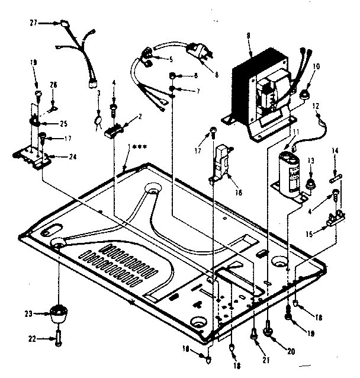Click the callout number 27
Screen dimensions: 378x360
point(33,23)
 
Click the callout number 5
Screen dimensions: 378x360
point(170,59)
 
